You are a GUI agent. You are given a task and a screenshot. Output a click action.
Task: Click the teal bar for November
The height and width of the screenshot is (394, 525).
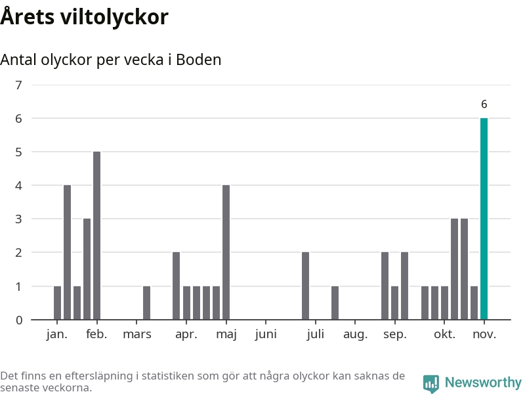tap(484, 219)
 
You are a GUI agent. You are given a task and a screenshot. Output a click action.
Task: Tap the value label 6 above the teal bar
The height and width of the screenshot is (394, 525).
tap(484, 104)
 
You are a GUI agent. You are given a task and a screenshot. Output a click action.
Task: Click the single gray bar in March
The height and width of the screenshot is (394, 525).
tap(146, 303)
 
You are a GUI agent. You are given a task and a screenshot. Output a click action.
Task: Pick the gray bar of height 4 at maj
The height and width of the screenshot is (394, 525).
tap(226, 252)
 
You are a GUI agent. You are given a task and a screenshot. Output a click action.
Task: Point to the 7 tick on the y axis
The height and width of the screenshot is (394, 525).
tap(18, 85)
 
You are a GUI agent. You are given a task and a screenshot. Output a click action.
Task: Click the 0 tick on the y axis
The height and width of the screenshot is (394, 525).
tap(18, 320)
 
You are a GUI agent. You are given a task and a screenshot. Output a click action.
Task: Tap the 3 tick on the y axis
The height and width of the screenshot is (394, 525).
tap(18, 219)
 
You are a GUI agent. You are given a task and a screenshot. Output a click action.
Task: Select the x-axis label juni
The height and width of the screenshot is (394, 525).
tap(266, 334)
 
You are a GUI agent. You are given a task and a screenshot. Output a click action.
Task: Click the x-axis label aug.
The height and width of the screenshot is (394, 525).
tap(355, 334)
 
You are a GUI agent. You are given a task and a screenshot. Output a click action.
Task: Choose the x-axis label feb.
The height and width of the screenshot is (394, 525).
tap(96, 334)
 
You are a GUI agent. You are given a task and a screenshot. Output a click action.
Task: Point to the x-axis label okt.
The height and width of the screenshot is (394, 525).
tap(444, 334)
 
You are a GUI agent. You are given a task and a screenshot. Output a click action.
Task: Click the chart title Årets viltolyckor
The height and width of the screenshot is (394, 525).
tap(85, 17)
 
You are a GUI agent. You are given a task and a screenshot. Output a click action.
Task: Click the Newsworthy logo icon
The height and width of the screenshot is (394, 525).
tap(431, 383)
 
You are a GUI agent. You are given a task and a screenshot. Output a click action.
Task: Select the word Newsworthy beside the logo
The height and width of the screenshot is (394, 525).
tap(483, 383)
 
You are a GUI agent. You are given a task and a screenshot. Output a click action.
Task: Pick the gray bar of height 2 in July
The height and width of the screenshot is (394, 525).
tap(305, 286)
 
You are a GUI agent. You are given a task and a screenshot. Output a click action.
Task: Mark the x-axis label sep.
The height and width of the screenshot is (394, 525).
tap(394, 334)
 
